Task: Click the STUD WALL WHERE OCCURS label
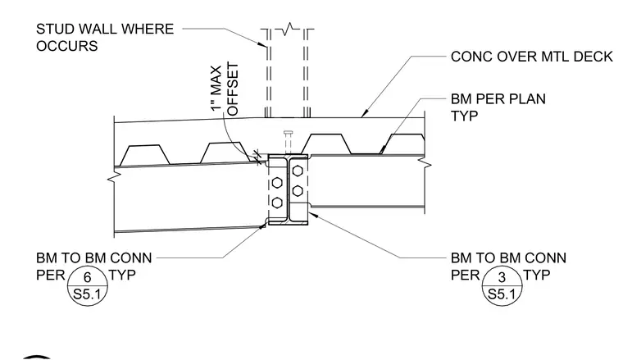click(105, 38)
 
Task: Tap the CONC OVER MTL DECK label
click(532, 57)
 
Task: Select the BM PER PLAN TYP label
click(498, 107)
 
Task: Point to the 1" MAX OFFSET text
click(225, 89)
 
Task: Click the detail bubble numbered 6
click(88, 285)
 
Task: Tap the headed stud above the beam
click(289, 142)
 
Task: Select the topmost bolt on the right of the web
click(298, 171)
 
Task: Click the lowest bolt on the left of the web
click(277, 203)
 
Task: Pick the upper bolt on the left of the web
click(277, 183)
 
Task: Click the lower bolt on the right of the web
click(298, 191)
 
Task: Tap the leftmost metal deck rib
click(144, 154)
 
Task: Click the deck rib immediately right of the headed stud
click(326, 144)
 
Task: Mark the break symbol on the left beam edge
click(114, 176)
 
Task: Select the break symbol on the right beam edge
click(425, 163)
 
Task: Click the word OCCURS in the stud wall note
click(66, 46)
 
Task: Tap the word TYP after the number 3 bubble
click(537, 275)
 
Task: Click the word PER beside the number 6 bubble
click(50, 275)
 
